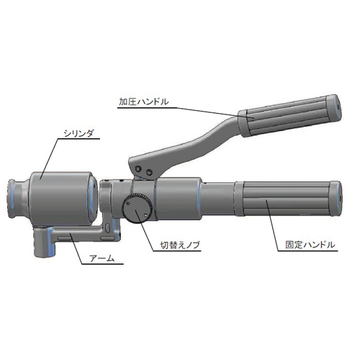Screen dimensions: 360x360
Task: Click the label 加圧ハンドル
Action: coord(144,102)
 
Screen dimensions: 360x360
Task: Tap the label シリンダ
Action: coord(78,133)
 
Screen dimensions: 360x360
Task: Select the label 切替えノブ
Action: coord(180,246)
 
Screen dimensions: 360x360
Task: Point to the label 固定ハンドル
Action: coord(310,245)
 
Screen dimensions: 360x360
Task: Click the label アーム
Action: coord(102,258)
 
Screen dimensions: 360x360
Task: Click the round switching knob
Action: coord(138,208)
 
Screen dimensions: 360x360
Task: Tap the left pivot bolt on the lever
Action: coord(138,168)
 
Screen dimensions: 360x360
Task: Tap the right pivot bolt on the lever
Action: coord(149,172)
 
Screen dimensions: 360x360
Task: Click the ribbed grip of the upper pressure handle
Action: coord(286,117)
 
